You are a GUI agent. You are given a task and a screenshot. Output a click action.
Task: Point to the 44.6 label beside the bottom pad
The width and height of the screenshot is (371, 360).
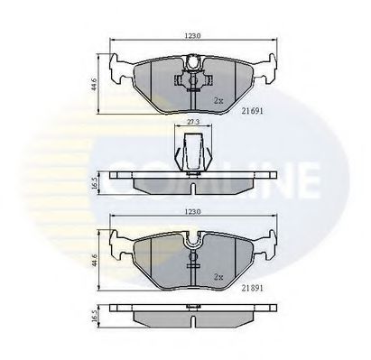pos(94,262)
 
